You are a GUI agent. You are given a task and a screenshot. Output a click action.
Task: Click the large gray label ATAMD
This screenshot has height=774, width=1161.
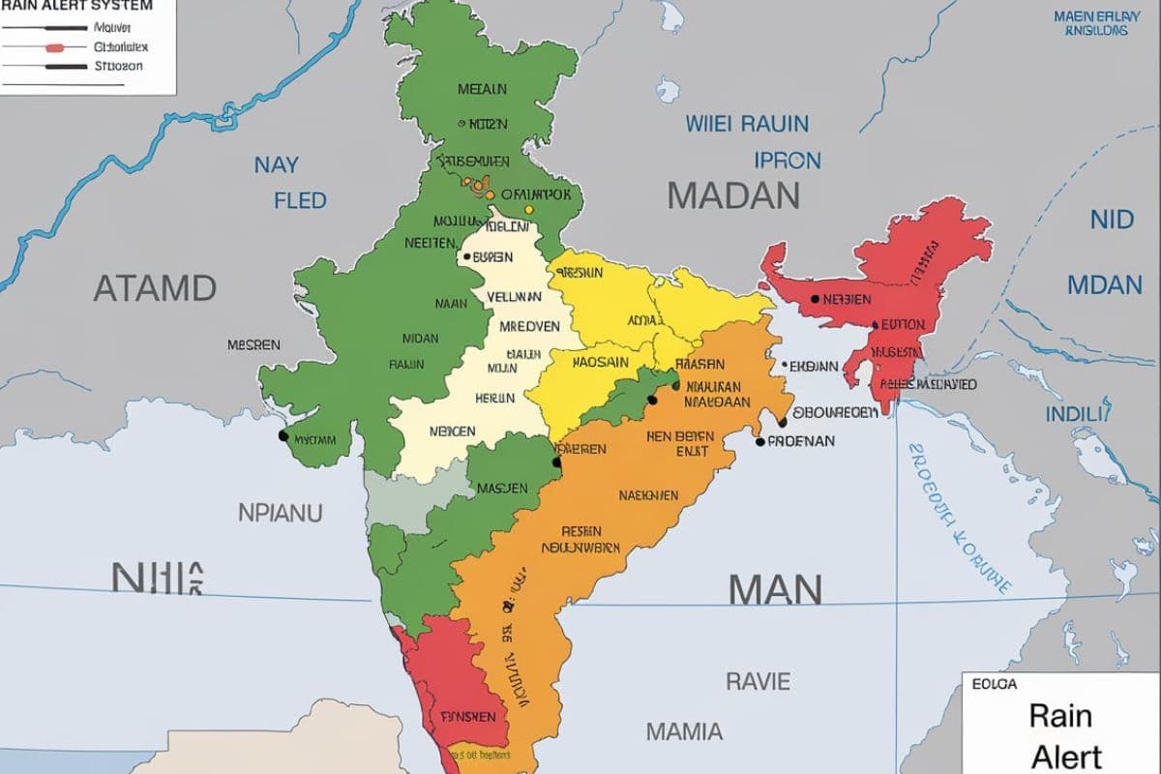pos(155,287)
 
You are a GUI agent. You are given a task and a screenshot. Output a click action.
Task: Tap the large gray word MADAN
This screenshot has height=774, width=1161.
pos(733,196)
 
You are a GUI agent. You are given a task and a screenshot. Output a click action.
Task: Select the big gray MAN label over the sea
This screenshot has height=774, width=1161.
pos(775,588)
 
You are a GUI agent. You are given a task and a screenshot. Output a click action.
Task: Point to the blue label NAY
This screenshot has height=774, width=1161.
pos(277,164)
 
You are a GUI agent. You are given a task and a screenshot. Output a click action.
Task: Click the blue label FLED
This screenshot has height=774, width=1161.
pos(300,201)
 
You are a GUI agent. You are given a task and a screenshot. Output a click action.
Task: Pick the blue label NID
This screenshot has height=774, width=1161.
pos(1112,220)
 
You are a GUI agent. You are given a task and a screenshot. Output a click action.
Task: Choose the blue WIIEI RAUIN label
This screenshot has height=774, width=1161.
pos(747,124)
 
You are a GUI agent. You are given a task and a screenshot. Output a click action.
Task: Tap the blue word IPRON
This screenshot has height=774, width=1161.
pos(788,160)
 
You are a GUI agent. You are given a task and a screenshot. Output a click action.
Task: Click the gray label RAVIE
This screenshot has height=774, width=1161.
pos(758,681)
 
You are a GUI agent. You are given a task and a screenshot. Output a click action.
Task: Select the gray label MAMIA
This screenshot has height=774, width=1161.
pos(683,730)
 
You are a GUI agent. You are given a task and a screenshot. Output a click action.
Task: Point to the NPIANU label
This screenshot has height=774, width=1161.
pos(280,512)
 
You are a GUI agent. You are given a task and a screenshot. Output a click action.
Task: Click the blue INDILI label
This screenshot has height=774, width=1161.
pos(1075,414)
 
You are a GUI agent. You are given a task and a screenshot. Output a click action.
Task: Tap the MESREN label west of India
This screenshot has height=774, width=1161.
pos(253,344)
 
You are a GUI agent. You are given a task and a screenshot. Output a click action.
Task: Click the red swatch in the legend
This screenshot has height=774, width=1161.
pos(54,47)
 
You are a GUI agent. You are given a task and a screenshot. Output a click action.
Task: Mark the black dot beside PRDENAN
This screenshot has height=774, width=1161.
pos(760,441)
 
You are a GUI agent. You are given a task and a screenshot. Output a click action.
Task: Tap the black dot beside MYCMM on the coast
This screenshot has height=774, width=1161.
pos(283,436)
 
